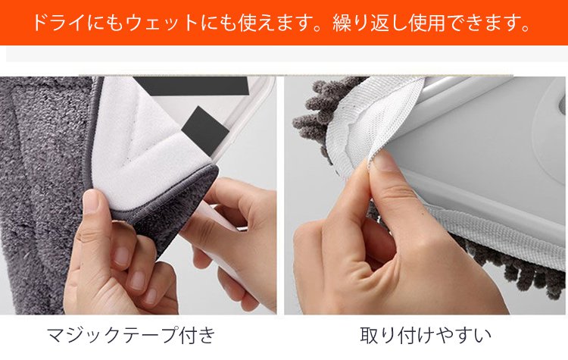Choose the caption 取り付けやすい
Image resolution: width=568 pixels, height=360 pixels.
tap(426, 334)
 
